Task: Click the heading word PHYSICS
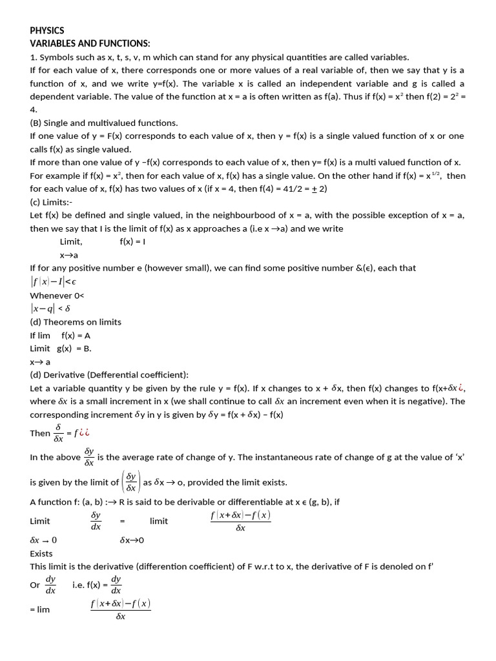pyautogui.click(x=47, y=30)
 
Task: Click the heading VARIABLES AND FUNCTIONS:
pyautogui.click(x=90, y=43)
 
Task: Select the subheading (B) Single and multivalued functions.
pyautogui.click(x=104, y=123)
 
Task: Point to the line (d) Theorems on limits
pyautogui.click(x=76, y=321)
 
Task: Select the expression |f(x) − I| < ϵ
pyautogui.click(x=57, y=281)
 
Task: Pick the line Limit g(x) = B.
pyautogui.click(x=61, y=348)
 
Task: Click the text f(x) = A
pyautogui.click(x=76, y=335)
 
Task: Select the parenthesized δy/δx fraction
pyautogui.click(x=131, y=482)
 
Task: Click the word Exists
pyautogui.click(x=41, y=553)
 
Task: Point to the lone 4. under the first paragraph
pyautogui.click(x=34, y=110)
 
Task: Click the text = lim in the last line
pyautogui.click(x=39, y=609)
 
